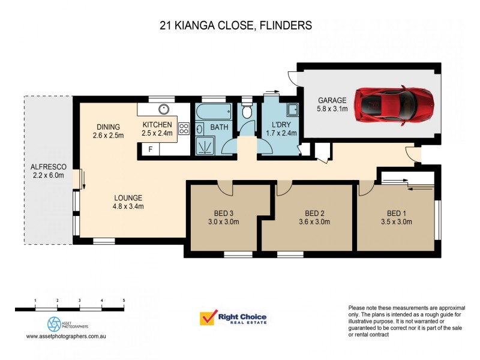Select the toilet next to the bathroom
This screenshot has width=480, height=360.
[x=247, y=113]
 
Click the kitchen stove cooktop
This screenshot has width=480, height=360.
[x=184, y=128]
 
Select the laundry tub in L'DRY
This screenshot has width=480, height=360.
[x=292, y=110]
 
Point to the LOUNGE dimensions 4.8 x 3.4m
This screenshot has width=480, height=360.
[x=128, y=206]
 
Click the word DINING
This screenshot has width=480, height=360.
[x=109, y=127]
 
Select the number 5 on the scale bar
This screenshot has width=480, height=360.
[x=123, y=299]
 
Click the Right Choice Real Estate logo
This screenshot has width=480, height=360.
[x=233, y=318]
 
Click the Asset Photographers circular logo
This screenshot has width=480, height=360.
[x=54, y=324]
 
